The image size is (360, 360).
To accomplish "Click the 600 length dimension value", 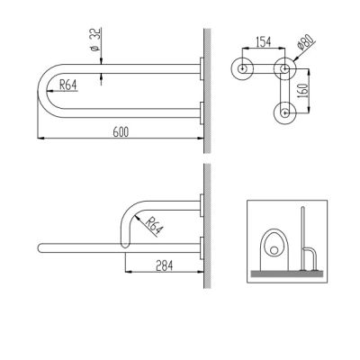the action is pyautogui.click(x=121, y=131).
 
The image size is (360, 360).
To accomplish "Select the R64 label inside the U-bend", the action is pyautogui.click(x=68, y=85).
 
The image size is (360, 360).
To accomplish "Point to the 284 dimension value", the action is pyautogui.click(x=165, y=265).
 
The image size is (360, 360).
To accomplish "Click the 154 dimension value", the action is pyautogui.click(x=263, y=42).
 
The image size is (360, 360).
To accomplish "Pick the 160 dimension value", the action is pyautogui.click(x=303, y=91).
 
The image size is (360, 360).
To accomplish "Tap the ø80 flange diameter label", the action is pyautogui.click(x=304, y=42).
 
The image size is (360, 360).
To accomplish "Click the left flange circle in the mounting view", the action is pyautogui.click(x=242, y=68).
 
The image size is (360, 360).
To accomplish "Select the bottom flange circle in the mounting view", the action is pyautogui.click(x=284, y=113).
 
